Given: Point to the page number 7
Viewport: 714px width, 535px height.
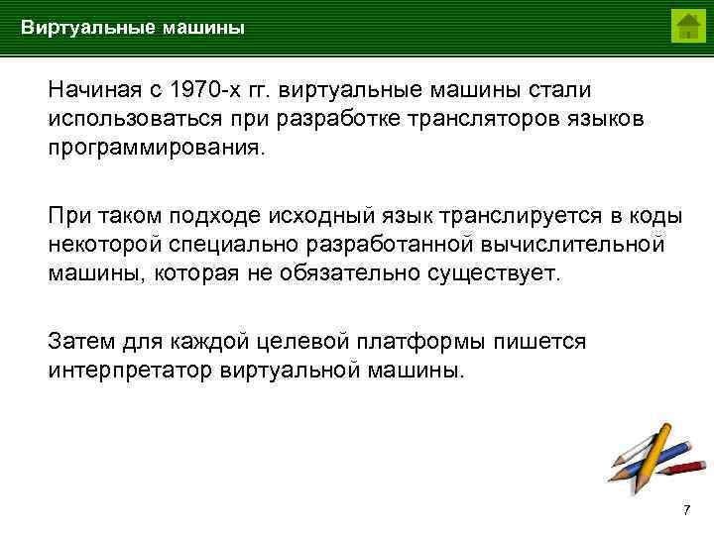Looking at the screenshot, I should [686, 510].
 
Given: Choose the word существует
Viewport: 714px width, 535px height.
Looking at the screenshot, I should [491, 272].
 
